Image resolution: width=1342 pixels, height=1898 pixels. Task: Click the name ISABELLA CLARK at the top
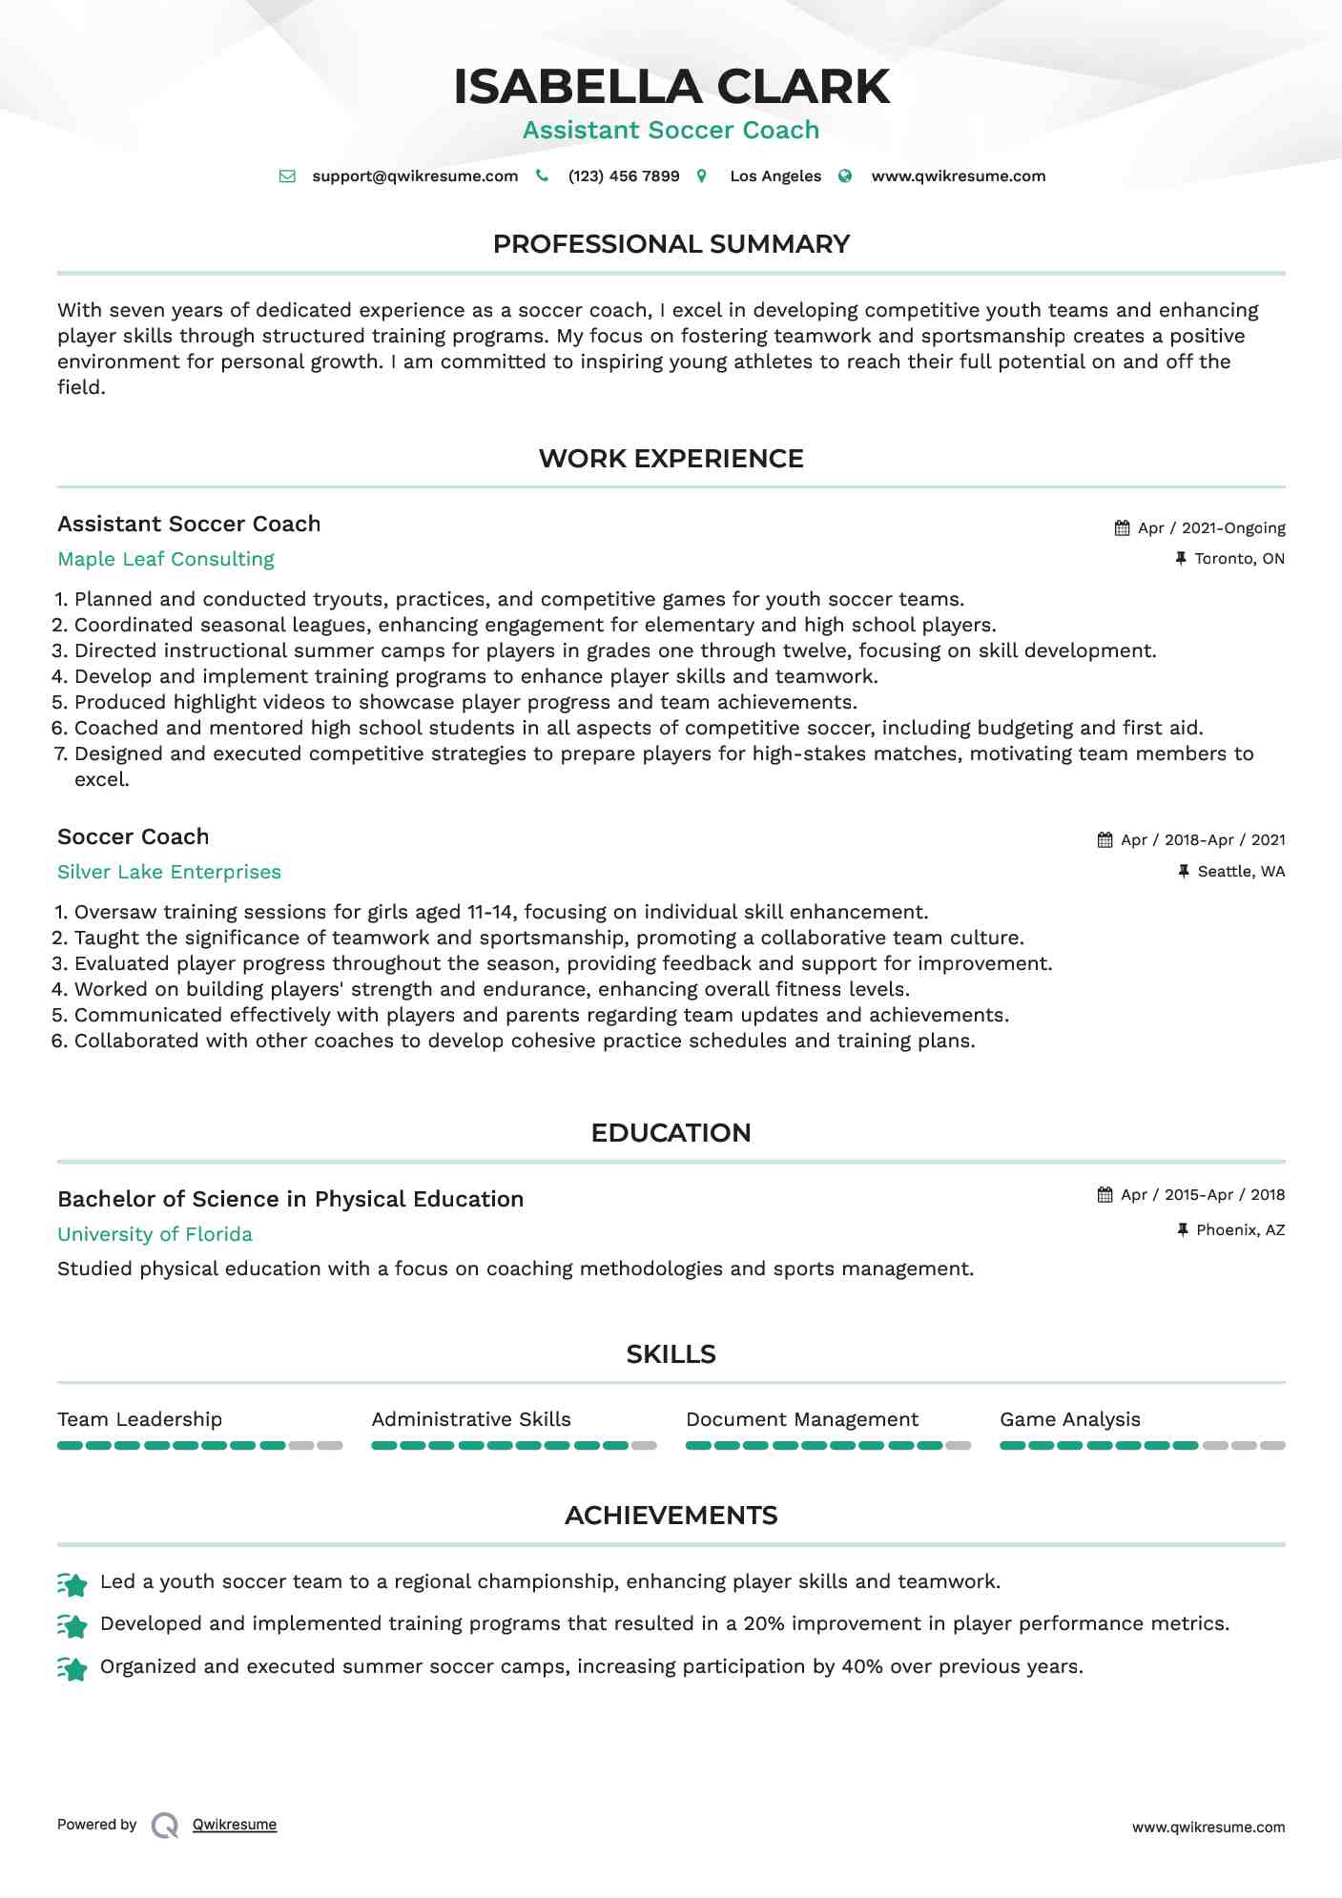671,87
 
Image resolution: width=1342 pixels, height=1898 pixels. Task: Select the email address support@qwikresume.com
415,176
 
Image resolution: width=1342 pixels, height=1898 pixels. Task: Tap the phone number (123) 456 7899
623,176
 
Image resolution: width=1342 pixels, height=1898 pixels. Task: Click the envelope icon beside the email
287,176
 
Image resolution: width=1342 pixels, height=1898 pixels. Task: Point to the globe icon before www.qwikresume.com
845,176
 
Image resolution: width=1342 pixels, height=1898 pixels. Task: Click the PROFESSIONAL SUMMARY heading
671,244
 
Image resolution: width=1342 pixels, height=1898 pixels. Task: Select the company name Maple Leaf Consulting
166,559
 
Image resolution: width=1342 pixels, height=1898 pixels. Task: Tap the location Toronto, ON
1239,559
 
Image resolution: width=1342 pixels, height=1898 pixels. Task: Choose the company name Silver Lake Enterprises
169,872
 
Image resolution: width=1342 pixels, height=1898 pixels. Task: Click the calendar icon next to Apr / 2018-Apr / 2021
1105,840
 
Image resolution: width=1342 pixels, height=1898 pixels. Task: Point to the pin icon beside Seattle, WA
1184,872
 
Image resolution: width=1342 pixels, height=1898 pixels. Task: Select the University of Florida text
155,1234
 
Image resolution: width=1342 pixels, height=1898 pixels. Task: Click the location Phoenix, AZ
1240,1230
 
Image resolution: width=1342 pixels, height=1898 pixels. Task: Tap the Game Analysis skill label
1069,1419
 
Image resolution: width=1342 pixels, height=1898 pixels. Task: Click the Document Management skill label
801,1419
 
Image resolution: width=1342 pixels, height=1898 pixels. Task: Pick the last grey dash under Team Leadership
330,1446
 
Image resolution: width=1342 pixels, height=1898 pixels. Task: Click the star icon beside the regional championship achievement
72,1584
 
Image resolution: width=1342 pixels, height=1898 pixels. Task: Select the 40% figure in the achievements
861,1666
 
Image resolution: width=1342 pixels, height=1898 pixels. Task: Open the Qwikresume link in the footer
235,1825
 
